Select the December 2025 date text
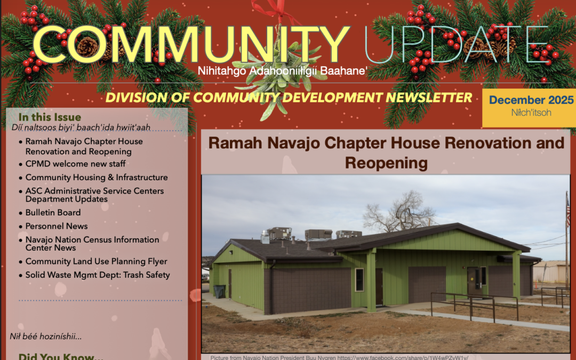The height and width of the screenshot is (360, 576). [x=531, y=100]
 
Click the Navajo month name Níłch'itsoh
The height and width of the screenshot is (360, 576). [x=531, y=113]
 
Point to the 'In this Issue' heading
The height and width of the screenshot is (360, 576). [x=50, y=117]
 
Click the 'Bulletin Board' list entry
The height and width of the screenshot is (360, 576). [x=53, y=213]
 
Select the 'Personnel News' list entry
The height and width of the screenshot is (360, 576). [x=57, y=226]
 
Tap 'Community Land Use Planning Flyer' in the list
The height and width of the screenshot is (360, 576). [x=97, y=262]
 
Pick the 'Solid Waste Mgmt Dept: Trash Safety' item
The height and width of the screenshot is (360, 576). [x=98, y=275]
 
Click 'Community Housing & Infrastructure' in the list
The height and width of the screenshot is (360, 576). [x=97, y=178]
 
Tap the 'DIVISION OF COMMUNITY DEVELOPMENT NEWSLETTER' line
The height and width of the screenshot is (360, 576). [x=289, y=98]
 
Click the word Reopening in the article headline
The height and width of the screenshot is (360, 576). [x=386, y=163]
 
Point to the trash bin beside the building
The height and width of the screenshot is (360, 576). [x=219, y=292]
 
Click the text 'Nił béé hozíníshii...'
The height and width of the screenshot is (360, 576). [x=46, y=336]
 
